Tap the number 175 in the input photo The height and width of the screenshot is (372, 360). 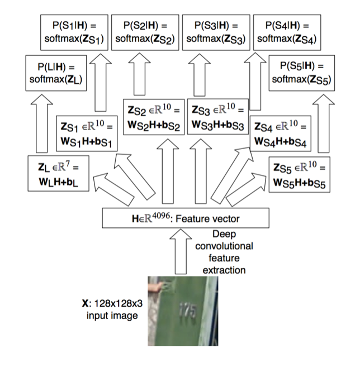[186, 311]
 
